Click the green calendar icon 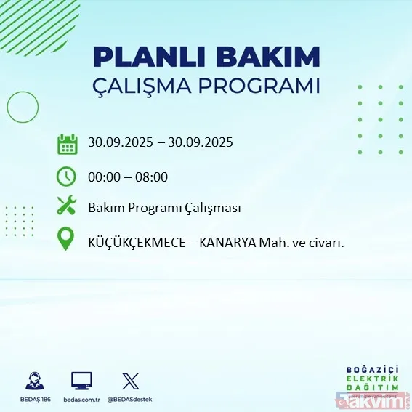67,143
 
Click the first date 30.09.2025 121,142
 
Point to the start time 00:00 103,176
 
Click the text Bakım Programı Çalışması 164,208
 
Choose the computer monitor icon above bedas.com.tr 81,380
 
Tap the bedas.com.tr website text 81,399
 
